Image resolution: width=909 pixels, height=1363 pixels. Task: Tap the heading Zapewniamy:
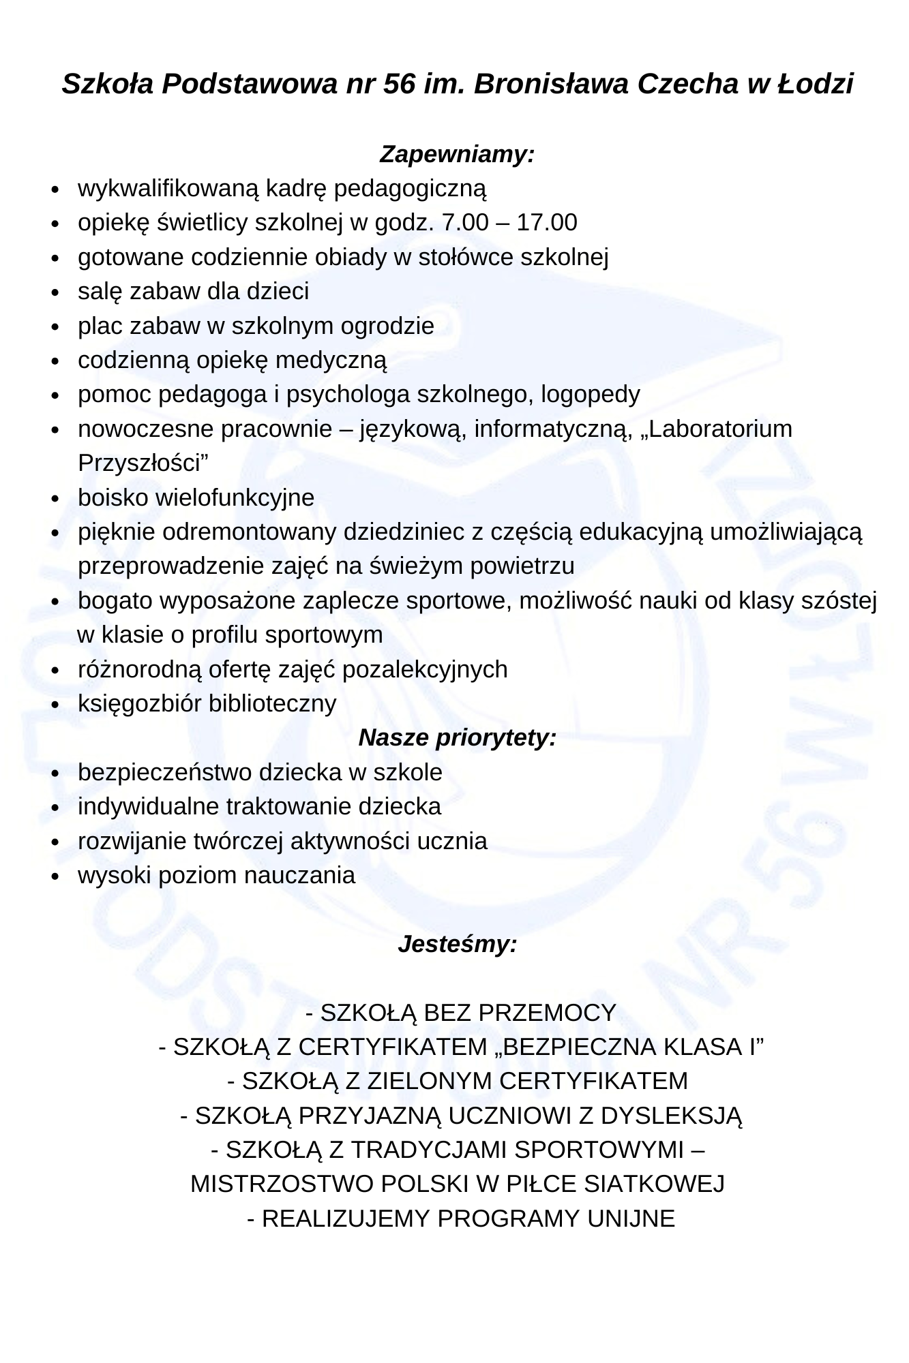(457, 154)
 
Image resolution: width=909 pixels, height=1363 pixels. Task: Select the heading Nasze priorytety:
(457, 737)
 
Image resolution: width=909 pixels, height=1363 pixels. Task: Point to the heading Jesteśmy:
(457, 945)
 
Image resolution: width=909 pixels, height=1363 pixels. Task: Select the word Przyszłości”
(143, 463)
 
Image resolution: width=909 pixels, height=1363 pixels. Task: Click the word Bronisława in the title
(551, 85)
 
